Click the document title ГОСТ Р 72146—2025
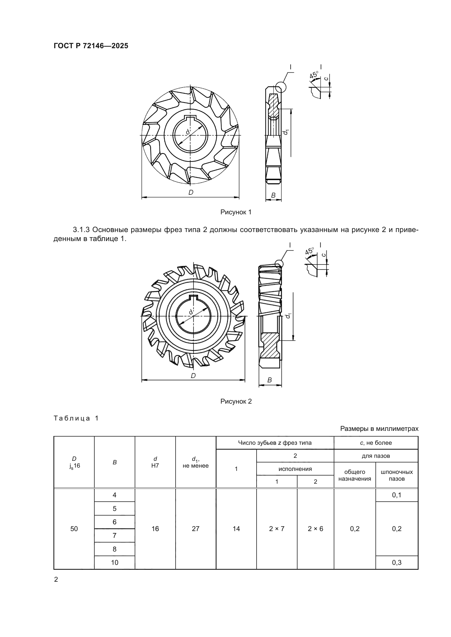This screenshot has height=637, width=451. pyautogui.click(x=91, y=46)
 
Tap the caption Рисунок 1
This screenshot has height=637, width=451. pyautogui.click(x=236, y=212)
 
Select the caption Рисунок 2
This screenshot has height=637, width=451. pyautogui.click(x=236, y=401)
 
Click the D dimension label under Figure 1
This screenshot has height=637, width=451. pyautogui.click(x=191, y=192)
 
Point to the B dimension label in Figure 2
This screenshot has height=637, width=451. pyautogui.click(x=269, y=380)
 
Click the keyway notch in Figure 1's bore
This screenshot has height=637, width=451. pyautogui.click(x=190, y=118)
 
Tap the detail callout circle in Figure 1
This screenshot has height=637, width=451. pyautogui.click(x=281, y=87)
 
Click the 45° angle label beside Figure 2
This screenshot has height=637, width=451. pyautogui.click(x=309, y=251)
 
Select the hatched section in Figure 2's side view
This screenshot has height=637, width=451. pyautogui.click(x=270, y=345)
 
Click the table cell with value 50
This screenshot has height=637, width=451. pyautogui.click(x=74, y=529)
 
